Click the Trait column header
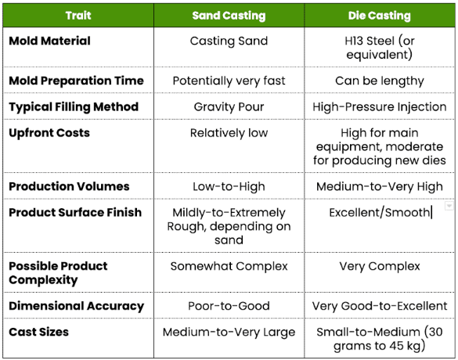coord(78,16)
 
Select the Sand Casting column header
coord(229,16)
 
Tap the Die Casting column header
coord(380,16)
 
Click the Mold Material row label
coord(49,41)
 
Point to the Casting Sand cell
coord(229,41)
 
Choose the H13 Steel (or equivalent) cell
coord(380,48)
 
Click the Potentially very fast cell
coord(229,81)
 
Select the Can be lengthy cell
coord(380,81)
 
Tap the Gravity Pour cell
coord(229,107)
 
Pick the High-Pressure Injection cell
coord(380,107)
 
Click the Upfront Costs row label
coord(49,133)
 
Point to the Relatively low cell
coord(229,133)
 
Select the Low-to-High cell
coord(229,186)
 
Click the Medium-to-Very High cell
coord(380,186)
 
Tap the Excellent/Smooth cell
coord(380,213)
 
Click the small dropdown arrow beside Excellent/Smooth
coord(449,206)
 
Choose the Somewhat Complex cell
coord(229,266)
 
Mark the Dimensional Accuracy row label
coord(76,306)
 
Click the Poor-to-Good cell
coord(229,306)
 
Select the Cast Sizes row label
coord(38,332)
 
